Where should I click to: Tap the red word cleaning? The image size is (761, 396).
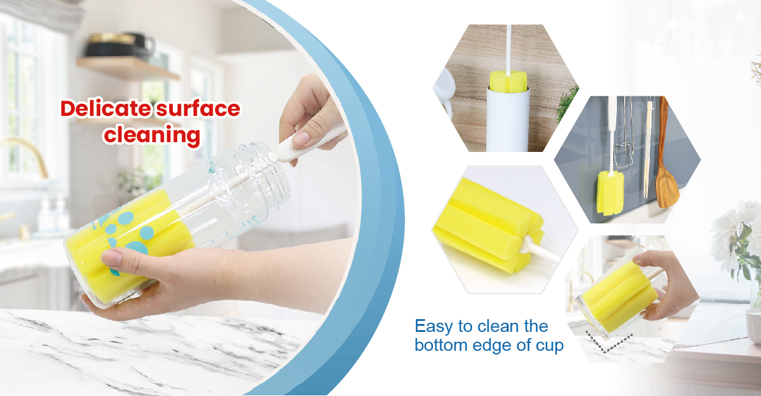coord(151,135)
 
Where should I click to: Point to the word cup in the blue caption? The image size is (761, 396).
coord(547,345)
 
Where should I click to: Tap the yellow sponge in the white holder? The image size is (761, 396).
coord(508,82)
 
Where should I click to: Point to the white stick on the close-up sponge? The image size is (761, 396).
coord(541,251)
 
